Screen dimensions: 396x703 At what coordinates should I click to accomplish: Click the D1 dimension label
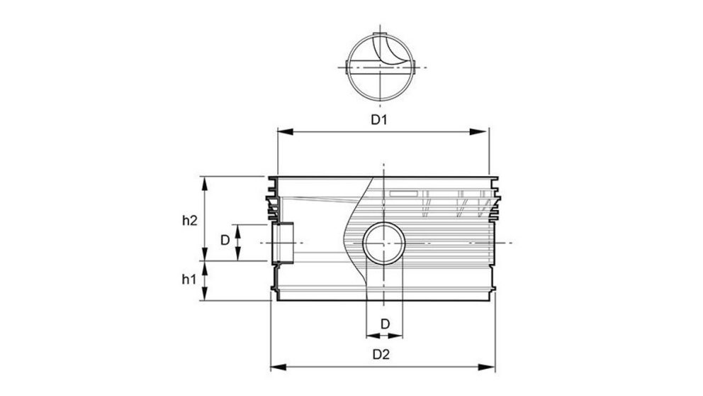pos(380,120)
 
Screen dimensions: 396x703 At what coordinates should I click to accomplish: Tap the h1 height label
pos(188,280)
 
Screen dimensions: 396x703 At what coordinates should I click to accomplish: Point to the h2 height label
pos(188,220)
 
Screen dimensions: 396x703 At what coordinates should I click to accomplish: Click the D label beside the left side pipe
pos(224,240)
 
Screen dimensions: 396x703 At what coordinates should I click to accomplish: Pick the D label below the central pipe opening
pos(383,324)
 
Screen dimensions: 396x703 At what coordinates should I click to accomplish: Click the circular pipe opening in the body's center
pos(383,243)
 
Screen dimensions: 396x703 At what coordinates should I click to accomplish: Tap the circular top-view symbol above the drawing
pos(381,67)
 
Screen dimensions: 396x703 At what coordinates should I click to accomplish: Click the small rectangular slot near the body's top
pos(404,193)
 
